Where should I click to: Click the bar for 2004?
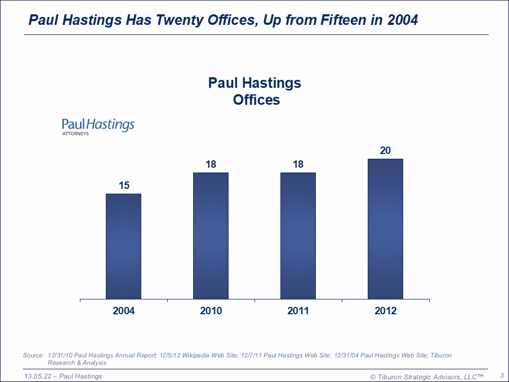[123, 246]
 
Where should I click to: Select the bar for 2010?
[211, 235]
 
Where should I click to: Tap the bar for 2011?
[298, 235]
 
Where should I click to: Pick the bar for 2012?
[385, 229]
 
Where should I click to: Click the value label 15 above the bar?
[124, 186]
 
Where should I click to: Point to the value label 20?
[385, 151]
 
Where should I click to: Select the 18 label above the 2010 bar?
[211, 165]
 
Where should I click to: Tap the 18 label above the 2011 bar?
[298, 165]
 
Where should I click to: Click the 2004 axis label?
[124, 311]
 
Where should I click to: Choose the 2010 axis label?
[211, 311]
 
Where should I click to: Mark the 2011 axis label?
[298, 311]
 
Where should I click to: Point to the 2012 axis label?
[385, 311]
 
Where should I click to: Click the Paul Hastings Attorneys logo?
[98, 126]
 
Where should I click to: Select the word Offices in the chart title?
[256, 99]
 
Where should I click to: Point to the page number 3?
[501, 376]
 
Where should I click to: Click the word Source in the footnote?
[33, 356]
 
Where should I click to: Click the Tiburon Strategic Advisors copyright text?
[426, 376]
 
